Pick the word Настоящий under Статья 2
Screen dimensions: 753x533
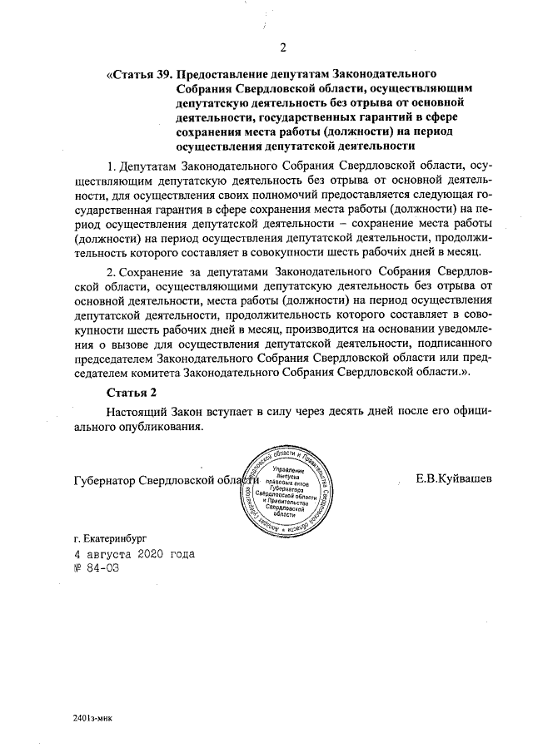pyautogui.click(x=137, y=411)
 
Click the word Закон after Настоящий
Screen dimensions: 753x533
pyautogui.click(x=191, y=411)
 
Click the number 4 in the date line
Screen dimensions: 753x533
pyautogui.click(x=77, y=554)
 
